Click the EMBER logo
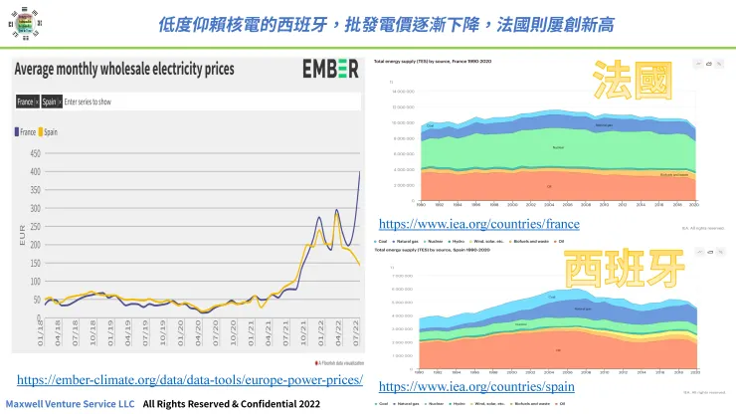coord(330,70)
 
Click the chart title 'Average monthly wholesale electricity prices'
coord(124,69)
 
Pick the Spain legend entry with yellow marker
coord(49,131)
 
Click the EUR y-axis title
coord(22,235)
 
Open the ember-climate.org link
coord(190,380)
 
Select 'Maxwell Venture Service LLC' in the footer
coord(71,404)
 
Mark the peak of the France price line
coord(359,172)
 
